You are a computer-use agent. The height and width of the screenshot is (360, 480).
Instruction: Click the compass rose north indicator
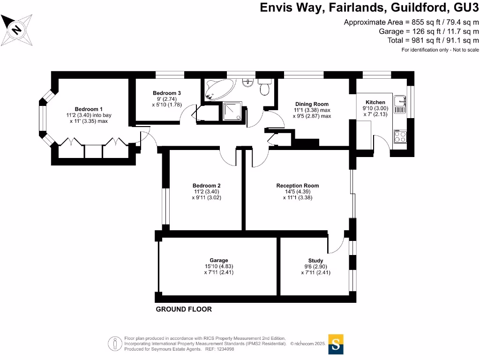16,30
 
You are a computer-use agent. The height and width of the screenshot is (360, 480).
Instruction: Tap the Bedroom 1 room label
89,109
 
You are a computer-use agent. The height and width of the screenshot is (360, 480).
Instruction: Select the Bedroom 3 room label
167,93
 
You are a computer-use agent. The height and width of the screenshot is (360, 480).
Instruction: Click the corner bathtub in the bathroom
219,89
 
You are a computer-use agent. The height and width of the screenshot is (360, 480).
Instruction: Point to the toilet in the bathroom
264,87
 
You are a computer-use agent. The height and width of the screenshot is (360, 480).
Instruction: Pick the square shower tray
232,111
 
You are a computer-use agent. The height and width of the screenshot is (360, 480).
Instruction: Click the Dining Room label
312,104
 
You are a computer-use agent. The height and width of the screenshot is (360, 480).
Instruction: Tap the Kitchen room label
375,102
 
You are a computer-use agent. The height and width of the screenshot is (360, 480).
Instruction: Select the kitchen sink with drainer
400,105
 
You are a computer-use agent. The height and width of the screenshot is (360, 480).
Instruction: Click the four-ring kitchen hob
400,136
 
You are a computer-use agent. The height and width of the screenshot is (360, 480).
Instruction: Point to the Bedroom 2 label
207,186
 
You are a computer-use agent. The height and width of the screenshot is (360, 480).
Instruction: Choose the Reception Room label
298,186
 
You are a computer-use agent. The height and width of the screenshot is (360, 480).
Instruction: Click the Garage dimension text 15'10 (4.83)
219,266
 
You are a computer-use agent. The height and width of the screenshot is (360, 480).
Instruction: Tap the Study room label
315,261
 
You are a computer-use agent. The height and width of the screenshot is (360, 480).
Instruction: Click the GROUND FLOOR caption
184,309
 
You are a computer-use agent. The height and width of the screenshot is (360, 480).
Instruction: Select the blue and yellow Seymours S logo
336,345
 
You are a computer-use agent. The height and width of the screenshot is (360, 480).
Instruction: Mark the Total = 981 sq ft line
433,40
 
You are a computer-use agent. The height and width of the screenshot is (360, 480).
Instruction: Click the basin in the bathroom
247,82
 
